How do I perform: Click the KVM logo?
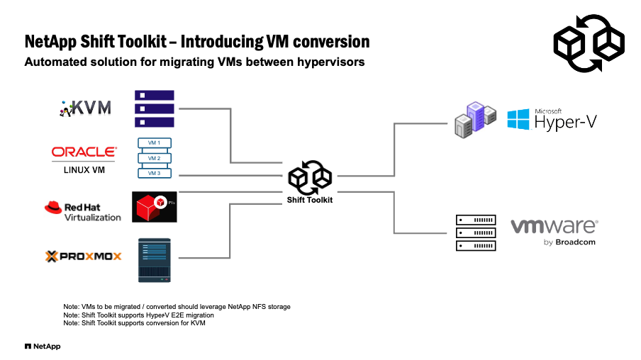tap(86, 108)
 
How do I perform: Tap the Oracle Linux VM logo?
tap(84, 157)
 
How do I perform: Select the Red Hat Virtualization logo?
tap(83, 211)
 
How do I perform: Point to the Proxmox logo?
tap(83, 256)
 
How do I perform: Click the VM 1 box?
tap(154, 143)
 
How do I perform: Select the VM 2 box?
tap(154, 158)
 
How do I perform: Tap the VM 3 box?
tap(154, 173)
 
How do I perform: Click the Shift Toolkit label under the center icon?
tap(309, 200)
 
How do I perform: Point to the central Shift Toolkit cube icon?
tap(310, 178)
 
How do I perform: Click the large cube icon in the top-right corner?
tap(588, 43)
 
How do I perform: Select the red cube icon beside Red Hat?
tap(154, 207)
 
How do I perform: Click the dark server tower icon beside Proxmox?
tap(154, 259)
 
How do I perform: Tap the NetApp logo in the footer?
tap(42, 347)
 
